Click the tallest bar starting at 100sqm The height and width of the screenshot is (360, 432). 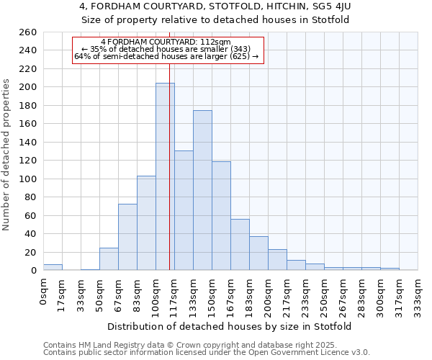click(165, 176)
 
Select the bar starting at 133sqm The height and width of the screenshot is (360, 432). click(202, 191)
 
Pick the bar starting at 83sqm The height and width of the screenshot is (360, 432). click(146, 223)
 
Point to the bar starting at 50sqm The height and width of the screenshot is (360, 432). click(109, 259)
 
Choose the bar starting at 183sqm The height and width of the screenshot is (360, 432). click(258, 253)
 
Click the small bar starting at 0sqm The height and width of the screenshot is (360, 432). click(53, 267)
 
